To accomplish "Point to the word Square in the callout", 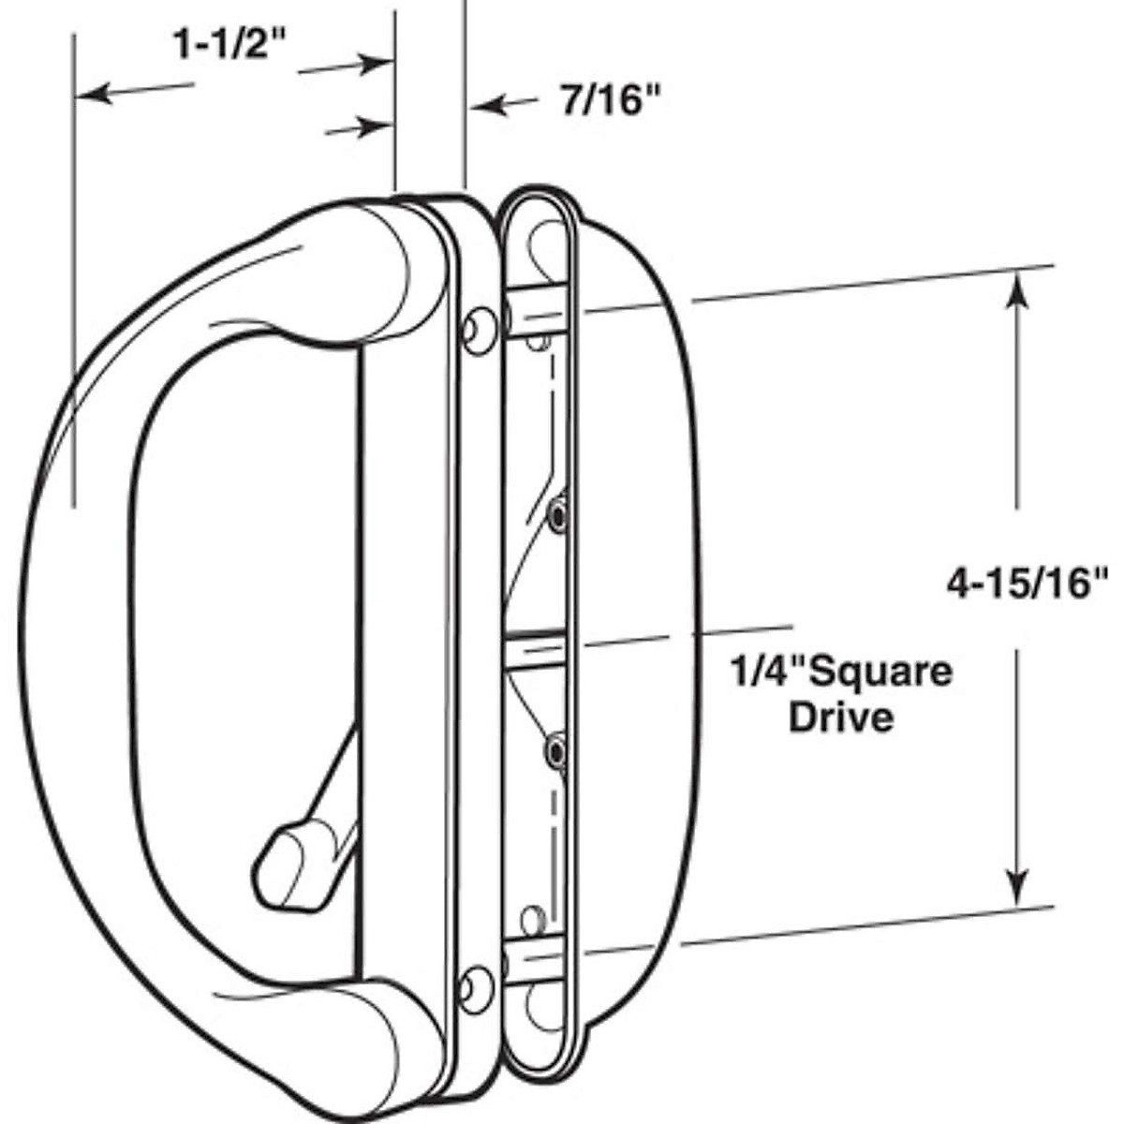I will tap(880, 672).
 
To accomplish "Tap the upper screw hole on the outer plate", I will tap(479, 330).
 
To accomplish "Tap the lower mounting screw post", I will tap(534, 962).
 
